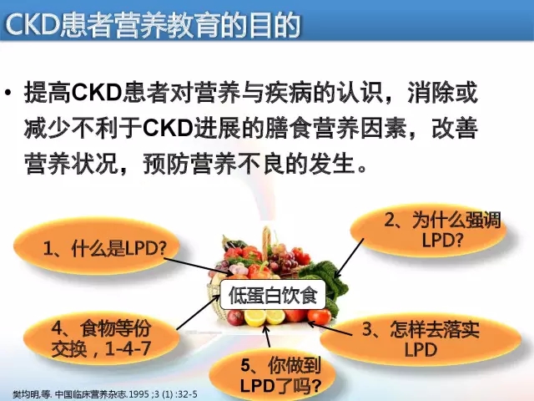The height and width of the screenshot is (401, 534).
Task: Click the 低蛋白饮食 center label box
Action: point(273,295)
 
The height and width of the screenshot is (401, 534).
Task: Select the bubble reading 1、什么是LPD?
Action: point(97,246)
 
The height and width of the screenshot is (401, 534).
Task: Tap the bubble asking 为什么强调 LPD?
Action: point(428,231)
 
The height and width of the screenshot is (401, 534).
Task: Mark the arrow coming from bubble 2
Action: point(349,258)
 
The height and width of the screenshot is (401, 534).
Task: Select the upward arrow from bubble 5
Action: point(267,336)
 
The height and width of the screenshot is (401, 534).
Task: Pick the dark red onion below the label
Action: point(235,317)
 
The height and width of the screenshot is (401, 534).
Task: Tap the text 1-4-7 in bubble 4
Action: point(128,348)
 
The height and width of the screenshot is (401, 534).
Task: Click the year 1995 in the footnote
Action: point(140,394)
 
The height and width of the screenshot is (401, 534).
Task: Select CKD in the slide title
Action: point(33,24)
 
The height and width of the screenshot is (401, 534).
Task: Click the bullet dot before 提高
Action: point(8,93)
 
